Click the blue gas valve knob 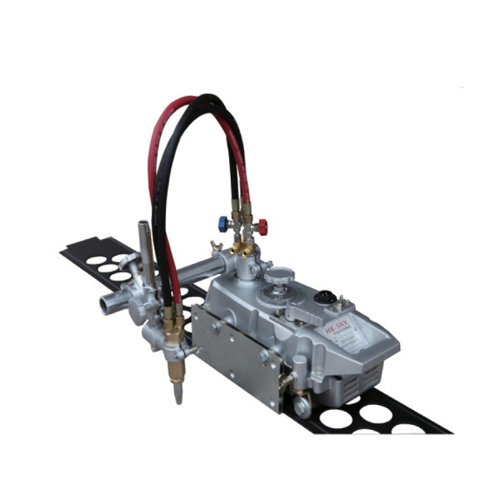223,222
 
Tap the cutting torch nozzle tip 178,396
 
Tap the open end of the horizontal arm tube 106,305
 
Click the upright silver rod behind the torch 144,249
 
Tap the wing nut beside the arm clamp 217,246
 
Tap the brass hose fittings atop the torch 174,319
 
